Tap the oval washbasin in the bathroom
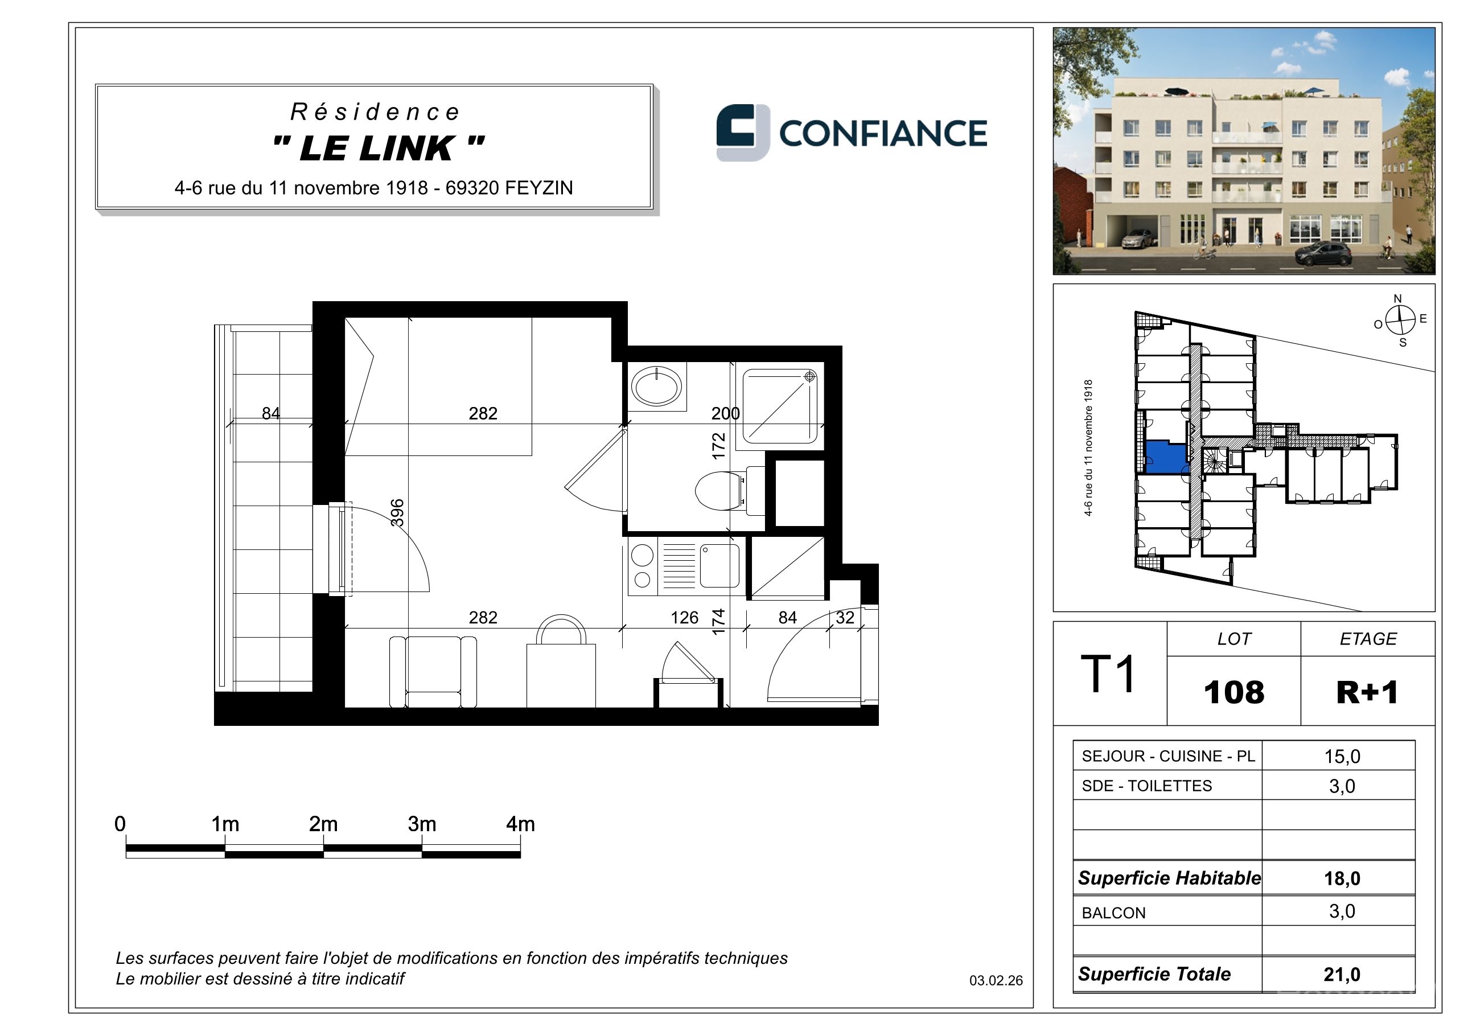pyautogui.click(x=656, y=387)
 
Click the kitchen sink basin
pyautogui.click(x=719, y=566)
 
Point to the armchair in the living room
pyautogui.click(x=433, y=672)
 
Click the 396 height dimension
pyautogui.click(x=397, y=513)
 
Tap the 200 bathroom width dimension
pyautogui.click(x=726, y=414)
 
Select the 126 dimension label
pyautogui.click(x=684, y=617)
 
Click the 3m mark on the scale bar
pyautogui.click(x=422, y=824)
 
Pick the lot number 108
pyautogui.click(x=1234, y=692)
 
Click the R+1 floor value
pyautogui.click(x=1367, y=692)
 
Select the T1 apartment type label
pyautogui.click(x=1108, y=674)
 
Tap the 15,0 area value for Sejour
pyautogui.click(x=1342, y=756)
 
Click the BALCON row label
pyautogui.click(x=1113, y=913)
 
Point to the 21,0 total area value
pyautogui.click(x=1342, y=975)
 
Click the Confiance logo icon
pyautogui.click(x=743, y=132)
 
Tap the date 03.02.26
pyautogui.click(x=996, y=981)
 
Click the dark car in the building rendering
pyautogui.click(x=1324, y=253)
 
